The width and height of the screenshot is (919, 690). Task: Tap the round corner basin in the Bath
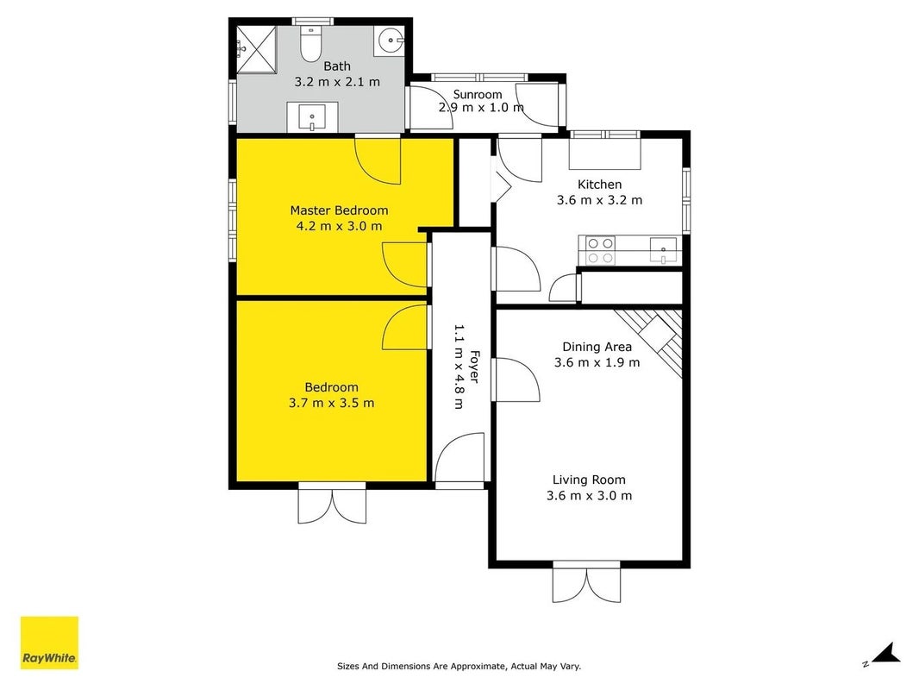[389, 41]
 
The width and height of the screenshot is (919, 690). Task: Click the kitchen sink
[663, 250]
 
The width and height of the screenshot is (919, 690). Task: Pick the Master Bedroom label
[339, 210]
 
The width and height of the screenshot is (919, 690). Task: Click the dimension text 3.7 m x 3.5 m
[332, 403]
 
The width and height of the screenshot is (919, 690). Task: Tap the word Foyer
[474, 367]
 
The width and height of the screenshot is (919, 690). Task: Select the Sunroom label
[477, 94]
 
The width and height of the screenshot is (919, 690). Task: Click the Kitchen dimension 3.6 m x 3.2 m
[599, 200]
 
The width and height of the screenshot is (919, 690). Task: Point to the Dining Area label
[597, 347]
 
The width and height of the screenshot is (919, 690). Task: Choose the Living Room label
[589, 480]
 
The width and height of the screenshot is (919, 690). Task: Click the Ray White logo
[49, 643]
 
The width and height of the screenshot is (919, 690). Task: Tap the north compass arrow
[885, 653]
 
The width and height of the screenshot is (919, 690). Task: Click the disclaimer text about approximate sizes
[459, 666]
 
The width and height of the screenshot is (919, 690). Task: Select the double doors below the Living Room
[587, 582]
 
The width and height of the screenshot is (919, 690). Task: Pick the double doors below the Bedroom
[332, 504]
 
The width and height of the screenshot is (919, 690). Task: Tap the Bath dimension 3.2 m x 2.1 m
[337, 81]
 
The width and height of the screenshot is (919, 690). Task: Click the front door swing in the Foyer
[459, 458]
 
